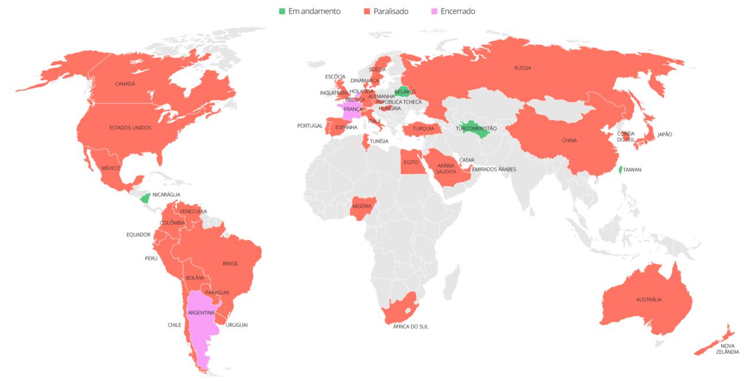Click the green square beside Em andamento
(282, 11)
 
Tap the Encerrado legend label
(458, 11)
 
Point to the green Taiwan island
(620, 170)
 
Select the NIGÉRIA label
(362, 206)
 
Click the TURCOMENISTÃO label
(477, 128)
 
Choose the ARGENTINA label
(201, 313)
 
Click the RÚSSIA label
(522, 68)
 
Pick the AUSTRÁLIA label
(648, 300)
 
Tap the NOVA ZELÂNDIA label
(729, 349)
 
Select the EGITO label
(411, 162)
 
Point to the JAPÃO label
(664, 134)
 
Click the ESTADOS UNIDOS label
(130, 127)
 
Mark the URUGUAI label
(237, 324)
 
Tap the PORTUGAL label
(310, 126)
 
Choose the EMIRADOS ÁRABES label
(494, 169)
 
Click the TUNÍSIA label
(378, 141)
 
